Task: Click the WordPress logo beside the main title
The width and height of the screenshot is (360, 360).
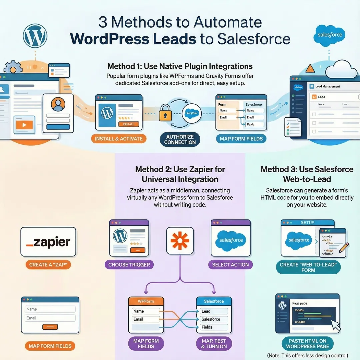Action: [x=35, y=35]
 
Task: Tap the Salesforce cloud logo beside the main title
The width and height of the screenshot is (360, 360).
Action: [x=330, y=35]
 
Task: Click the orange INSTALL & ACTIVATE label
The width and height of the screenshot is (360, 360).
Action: [x=119, y=139]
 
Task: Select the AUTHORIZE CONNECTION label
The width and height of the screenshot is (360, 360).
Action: [x=180, y=139]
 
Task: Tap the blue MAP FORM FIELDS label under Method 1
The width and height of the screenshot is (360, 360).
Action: [x=241, y=139]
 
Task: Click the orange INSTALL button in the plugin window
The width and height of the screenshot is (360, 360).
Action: [x=129, y=124]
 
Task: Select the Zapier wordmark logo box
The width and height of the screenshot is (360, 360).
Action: [x=48, y=242]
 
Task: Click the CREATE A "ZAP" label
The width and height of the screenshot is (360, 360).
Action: [x=48, y=265]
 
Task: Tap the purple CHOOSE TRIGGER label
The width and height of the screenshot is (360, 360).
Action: [x=129, y=265]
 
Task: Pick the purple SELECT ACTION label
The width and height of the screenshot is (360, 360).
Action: [x=230, y=265]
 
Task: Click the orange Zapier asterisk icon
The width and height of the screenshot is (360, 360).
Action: [x=180, y=240]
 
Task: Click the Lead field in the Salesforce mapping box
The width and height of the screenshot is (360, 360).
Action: [x=214, y=311]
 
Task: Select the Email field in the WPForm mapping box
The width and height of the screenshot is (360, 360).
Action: [x=146, y=319]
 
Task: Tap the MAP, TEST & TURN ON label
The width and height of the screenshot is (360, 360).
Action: [x=214, y=344]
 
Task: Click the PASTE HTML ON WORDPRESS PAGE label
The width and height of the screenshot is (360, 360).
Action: [x=307, y=344]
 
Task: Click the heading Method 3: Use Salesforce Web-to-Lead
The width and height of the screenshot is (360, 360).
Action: [x=307, y=174]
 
